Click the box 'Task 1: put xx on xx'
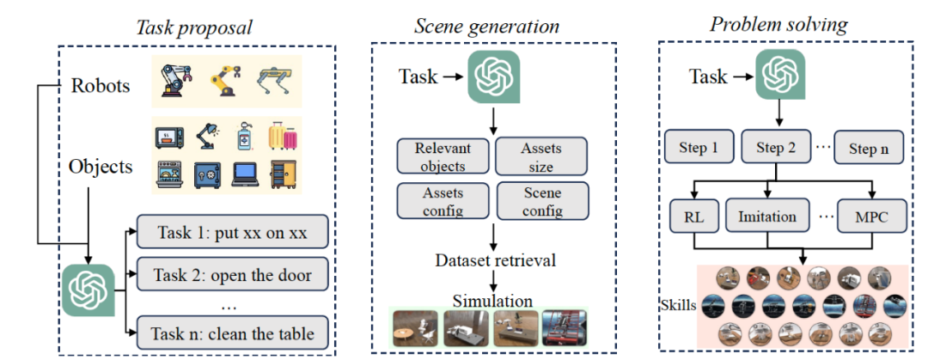233,231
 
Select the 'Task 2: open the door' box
233,274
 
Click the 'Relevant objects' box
443,156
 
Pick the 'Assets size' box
541,157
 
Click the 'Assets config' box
443,201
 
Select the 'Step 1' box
699,148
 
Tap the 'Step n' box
869,148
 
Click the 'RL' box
693,217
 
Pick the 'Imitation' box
767,217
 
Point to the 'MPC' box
872,217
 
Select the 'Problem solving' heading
778,24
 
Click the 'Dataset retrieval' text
495,260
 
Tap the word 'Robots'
100,86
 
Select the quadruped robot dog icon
275,83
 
